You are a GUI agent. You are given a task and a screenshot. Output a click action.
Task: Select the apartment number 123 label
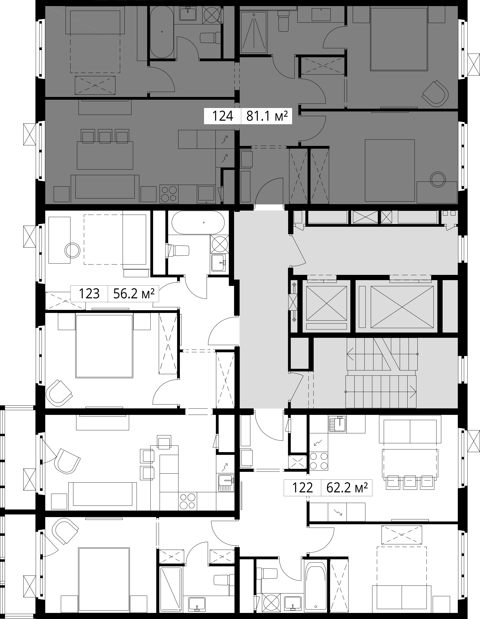(89, 294)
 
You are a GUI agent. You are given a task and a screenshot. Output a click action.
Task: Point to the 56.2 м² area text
(134, 294)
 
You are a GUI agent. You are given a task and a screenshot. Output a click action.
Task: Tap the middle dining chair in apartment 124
(105, 136)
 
